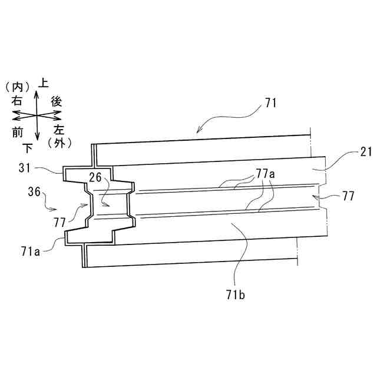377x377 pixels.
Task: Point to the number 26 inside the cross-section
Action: coord(95,177)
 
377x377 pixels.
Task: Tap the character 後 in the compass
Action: coord(56,101)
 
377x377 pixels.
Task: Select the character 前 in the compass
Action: coord(18,131)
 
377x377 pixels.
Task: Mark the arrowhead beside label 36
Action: coord(57,209)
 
